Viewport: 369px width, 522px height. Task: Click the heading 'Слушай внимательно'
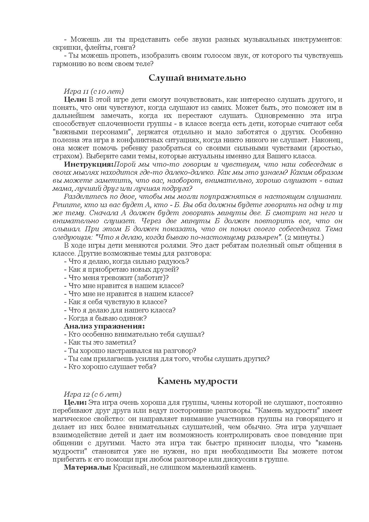[x=197, y=78]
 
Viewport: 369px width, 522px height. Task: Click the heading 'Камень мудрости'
[x=197, y=381]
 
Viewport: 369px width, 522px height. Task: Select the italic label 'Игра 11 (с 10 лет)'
[x=94, y=91]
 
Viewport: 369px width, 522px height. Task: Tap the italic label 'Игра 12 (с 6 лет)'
[x=93, y=394]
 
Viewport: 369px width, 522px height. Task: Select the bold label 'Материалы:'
[x=87, y=467]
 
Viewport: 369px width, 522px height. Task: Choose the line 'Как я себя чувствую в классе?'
[x=118, y=302]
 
